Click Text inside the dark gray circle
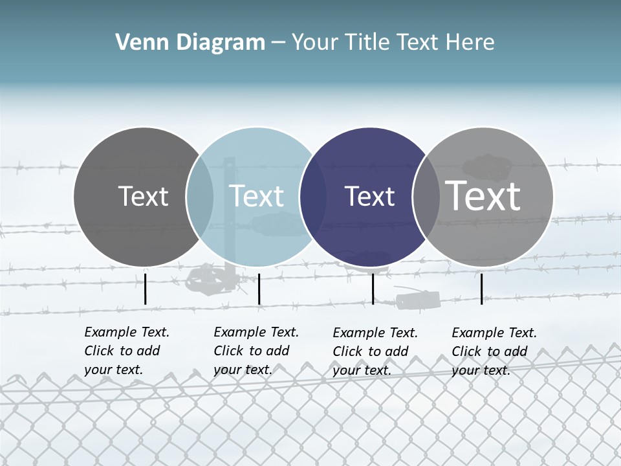pyautogui.click(x=143, y=196)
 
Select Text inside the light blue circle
pyautogui.click(x=256, y=196)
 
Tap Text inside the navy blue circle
pyautogui.click(x=369, y=196)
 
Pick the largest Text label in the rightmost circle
pyautogui.click(x=483, y=195)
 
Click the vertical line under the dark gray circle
pyautogui.click(x=145, y=289)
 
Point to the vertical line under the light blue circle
pyautogui.click(x=259, y=289)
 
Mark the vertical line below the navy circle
pyautogui.click(x=373, y=289)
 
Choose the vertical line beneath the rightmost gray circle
pyautogui.click(x=481, y=289)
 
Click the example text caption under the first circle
pyautogui.click(x=127, y=351)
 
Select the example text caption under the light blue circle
pyautogui.click(x=256, y=351)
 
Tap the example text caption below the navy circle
pyautogui.click(x=375, y=351)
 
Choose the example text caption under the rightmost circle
pyautogui.click(x=494, y=351)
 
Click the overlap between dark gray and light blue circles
pyautogui.click(x=200, y=196)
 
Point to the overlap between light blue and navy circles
pyautogui.click(x=313, y=196)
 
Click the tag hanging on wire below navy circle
pyautogui.click(x=418, y=300)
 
